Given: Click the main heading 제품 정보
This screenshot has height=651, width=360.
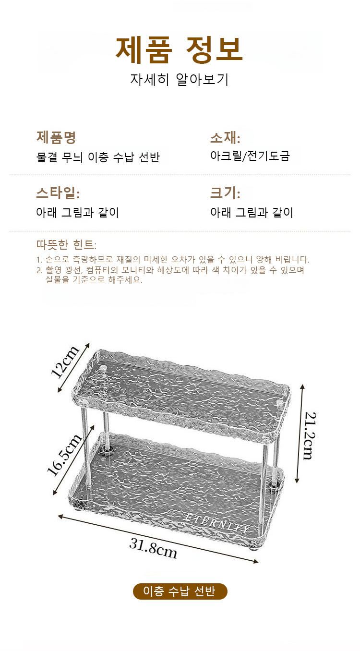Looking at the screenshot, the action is coord(179,50).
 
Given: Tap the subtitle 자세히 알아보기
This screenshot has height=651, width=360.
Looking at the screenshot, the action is coord(179,79).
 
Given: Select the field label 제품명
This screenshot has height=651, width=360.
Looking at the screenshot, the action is coord(56,137).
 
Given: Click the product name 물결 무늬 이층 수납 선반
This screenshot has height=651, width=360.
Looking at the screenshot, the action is coord(98,157).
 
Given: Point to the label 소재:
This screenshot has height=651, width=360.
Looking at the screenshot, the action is coord(225,138).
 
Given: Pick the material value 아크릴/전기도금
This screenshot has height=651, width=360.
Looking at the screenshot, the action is coord(250,156).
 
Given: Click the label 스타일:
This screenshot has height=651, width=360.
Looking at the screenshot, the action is coord(58,193).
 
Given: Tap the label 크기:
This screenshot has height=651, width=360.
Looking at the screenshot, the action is coord(225,193).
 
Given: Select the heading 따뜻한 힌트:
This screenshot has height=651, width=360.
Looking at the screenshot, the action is coord(66,245).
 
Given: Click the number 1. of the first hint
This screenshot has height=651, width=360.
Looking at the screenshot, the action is coord(39,260).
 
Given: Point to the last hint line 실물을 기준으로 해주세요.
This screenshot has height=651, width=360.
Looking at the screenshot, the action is coord(94,279).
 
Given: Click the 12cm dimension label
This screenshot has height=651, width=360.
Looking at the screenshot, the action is coord(65,362).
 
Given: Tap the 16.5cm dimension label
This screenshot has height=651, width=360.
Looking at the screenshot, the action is coord(64,455).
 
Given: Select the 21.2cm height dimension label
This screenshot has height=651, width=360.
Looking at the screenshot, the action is coord(310,435).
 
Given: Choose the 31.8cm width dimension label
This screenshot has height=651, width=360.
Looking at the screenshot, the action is coord(153,548).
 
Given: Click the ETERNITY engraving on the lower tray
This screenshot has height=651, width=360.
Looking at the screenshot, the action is coord(216,524).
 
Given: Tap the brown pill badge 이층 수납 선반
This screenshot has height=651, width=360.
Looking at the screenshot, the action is coord(180,591).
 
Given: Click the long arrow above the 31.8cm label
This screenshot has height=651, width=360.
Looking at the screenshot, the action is coord(158,539).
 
